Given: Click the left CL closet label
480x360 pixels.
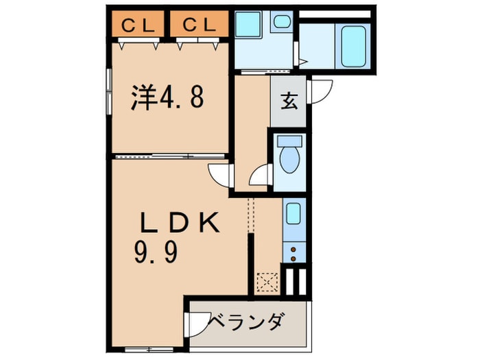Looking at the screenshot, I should coord(137,25).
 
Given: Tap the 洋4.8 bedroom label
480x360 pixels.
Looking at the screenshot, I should coord(168,98).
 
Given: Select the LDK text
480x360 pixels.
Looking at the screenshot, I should coord(180,224).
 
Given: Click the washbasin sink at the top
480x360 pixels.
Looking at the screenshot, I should coord(282,21).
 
